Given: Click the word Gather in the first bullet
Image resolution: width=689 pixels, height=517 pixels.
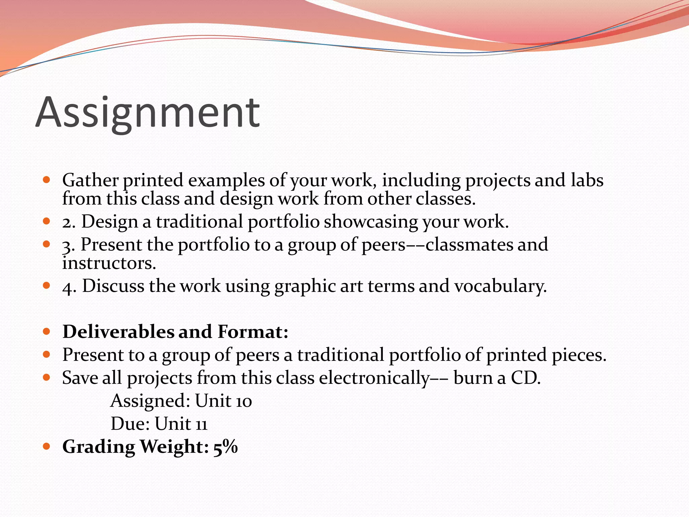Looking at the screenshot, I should click(90, 180).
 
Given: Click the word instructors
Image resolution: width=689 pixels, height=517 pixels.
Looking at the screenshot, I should click(109, 264).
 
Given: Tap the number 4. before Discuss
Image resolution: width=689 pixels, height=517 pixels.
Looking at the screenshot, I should click(69, 287).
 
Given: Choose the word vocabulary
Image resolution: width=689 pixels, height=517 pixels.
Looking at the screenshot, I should click(500, 287).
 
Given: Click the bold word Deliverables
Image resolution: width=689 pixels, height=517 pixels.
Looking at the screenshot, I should click(118, 332).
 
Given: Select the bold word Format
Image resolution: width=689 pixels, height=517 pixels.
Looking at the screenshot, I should click(253, 332).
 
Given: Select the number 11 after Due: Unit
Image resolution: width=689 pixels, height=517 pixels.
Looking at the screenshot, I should click(202, 424).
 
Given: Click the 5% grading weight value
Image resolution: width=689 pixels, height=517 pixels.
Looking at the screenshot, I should click(225, 447).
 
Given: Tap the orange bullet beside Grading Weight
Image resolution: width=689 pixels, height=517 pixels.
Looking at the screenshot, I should click(47, 447).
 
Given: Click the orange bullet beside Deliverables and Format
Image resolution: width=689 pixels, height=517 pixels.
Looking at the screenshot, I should click(47, 332).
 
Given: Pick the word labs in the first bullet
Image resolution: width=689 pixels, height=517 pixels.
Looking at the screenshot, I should click(587, 180).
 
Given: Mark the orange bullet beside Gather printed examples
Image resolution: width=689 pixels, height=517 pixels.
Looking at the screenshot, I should click(47, 180).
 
